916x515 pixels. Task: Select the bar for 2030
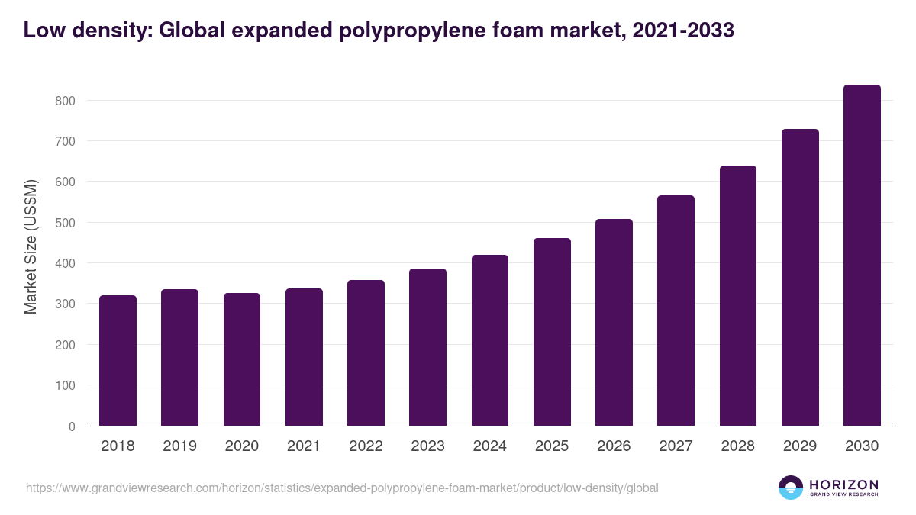pos(862,256)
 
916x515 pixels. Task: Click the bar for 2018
pos(118,361)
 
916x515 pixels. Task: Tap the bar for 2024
pos(490,340)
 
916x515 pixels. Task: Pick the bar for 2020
pos(242,359)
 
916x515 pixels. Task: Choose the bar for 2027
pos(676,311)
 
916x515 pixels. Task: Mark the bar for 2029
pos(800,278)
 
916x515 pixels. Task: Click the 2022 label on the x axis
pos(366,446)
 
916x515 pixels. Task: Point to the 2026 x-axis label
pos(614,446)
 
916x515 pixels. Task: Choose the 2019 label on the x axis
pos(179,446)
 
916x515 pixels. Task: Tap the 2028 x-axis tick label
pos(738,446)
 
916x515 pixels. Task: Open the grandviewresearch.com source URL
pos(342,488)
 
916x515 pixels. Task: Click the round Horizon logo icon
pos(791,488)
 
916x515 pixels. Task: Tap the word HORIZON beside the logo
pos(843,484)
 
